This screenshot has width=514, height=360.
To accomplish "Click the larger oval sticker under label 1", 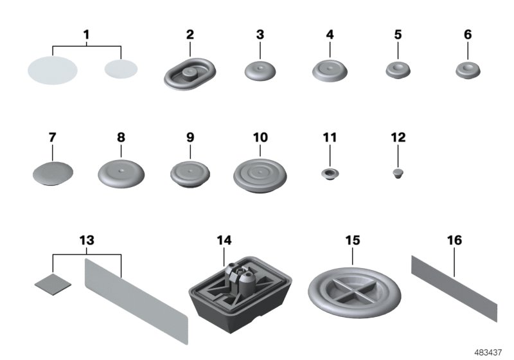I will point(53,69).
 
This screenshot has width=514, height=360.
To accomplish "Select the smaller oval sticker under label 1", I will point(122,67).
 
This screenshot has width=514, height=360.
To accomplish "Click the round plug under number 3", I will point(260,71).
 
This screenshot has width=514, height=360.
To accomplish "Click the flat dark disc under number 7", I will point(53,174).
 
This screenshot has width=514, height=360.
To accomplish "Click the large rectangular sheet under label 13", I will point(136,296).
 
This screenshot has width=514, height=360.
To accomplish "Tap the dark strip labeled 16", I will point(454,285).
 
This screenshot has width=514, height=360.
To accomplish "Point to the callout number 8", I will point(121,137).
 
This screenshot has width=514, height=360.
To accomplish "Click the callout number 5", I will point(399,34).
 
